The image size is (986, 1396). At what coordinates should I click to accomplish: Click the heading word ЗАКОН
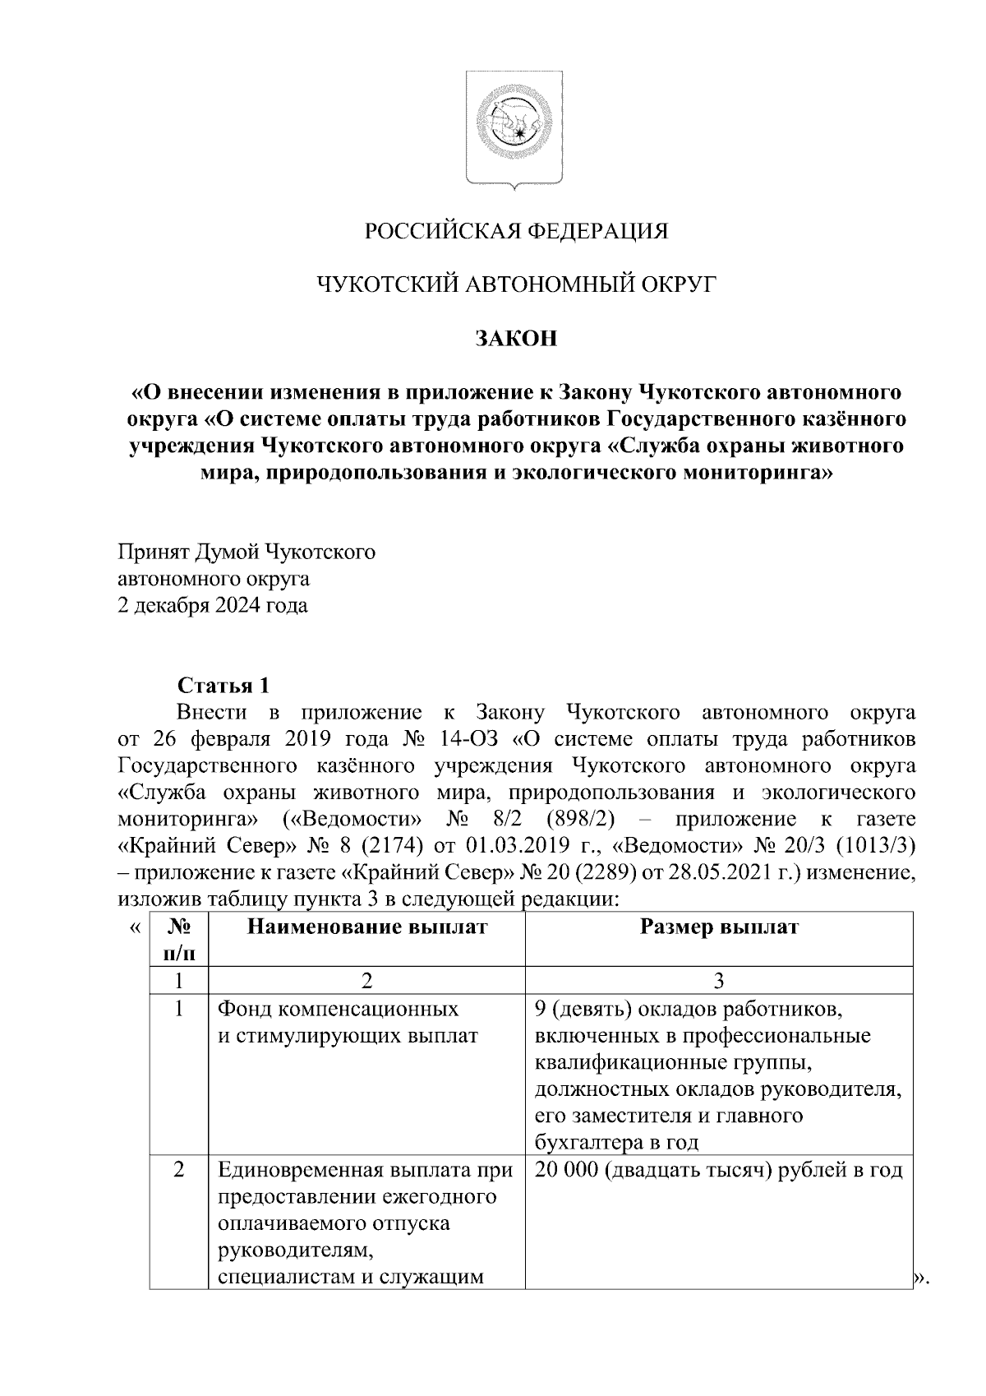tap(515, 338)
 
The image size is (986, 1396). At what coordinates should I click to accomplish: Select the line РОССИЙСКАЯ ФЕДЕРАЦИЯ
tap(515, 231)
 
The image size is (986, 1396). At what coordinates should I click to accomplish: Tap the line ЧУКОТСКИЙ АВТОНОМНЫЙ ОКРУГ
tap(515, 284)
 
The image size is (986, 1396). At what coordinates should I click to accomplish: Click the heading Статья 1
tap(223, 686)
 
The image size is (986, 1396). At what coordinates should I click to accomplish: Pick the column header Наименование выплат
tap(366, 927)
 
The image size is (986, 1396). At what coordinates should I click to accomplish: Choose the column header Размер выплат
tap(718, 927)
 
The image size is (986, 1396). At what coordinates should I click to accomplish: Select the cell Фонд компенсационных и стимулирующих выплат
tap(345, 1022)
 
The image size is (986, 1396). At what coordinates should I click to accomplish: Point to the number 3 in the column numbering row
tap(718, 980)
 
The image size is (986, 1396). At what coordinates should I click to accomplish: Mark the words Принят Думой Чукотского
tap(246, 552)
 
